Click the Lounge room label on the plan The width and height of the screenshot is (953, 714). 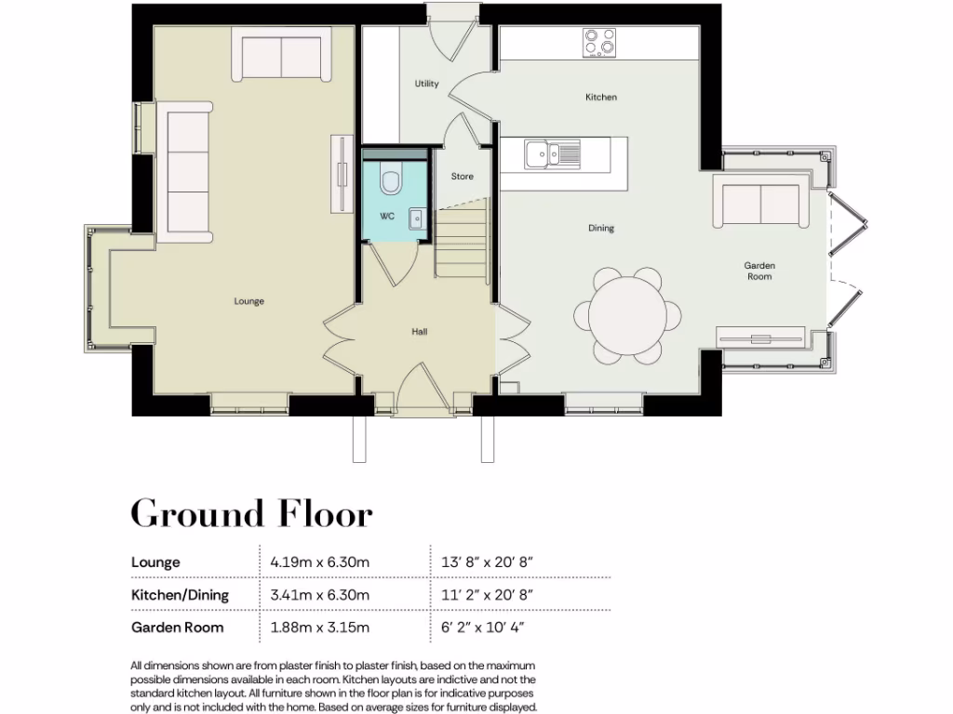248,301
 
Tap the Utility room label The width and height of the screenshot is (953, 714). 426,85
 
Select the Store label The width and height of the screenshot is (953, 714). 462,177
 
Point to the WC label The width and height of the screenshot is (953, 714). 388,217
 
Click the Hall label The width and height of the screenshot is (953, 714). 420,332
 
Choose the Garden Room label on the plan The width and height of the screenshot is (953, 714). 759,271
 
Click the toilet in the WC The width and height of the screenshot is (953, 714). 391,178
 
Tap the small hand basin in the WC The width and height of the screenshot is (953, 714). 418,218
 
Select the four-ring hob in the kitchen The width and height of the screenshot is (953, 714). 599,41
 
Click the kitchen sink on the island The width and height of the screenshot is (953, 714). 551,153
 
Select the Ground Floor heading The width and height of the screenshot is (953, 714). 251,513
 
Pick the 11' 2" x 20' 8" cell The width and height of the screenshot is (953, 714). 487,595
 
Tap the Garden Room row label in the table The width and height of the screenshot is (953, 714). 178,628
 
